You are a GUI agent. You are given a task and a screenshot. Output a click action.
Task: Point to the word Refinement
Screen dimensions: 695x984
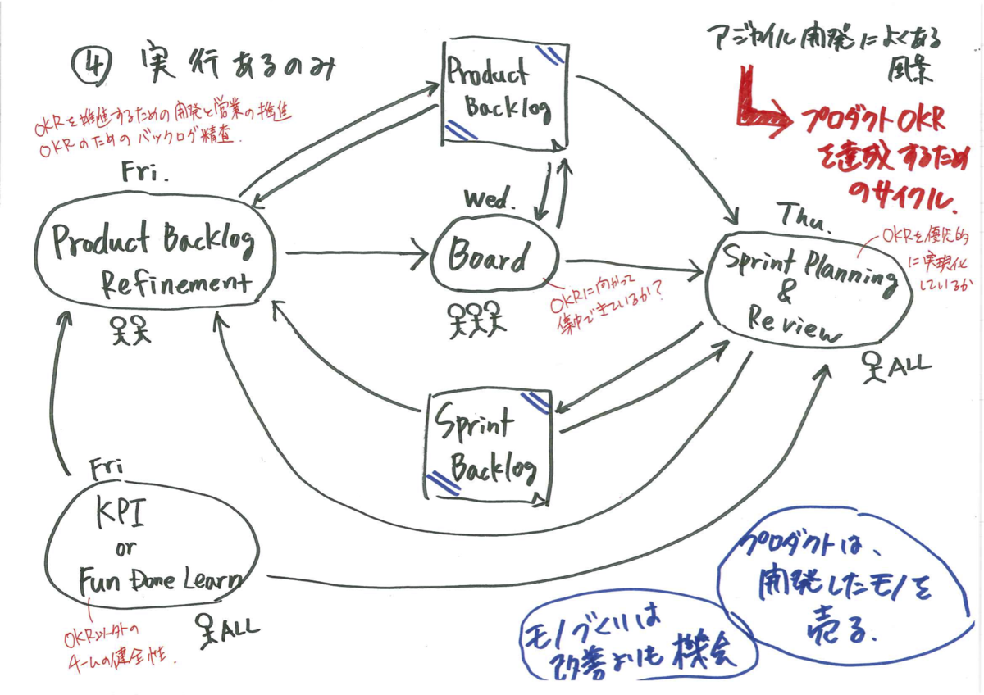pyautogui.click(x=174, y=284)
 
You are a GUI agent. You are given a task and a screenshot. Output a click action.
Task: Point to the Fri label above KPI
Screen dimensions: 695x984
pyautogui.click(x=107, y=468)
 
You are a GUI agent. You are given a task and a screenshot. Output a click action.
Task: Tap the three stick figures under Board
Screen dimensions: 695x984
pyautogui.click(x=476, y=319)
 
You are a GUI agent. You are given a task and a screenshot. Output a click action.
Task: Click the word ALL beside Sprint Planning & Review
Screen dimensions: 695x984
pyautogui.click(x=913, y=364)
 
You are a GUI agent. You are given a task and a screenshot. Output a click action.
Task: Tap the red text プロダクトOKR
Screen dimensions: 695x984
pyautogui.click(x=871, y=123)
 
